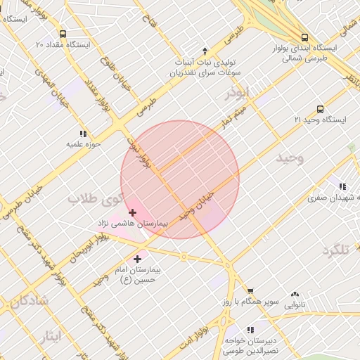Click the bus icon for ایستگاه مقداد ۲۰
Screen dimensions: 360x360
click(63, 34)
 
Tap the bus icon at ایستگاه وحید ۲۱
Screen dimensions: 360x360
click(321, 109)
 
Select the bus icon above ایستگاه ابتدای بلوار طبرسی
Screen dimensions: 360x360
click(304, 37)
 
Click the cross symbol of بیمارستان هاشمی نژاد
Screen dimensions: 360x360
click(132, 212)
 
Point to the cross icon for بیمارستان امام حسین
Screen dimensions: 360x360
click(137, 259)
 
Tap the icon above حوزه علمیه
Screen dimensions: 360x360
click(83, 134)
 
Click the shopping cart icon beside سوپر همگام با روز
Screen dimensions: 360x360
click(250, 290)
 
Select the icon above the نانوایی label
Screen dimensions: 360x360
click(295, 294)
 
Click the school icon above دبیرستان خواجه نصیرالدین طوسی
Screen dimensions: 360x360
click(250, 329)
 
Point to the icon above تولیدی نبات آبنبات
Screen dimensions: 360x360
click(205, 51)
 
